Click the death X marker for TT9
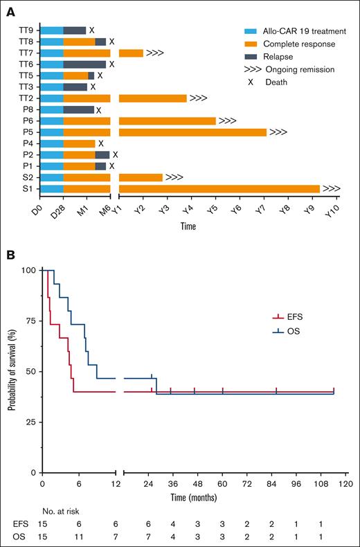[91, 30]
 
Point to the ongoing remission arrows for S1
[331, 188]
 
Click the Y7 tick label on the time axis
[261, 210]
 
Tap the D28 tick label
[63, 210]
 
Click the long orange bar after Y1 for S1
[219, 188]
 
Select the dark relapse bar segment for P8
[78, 109]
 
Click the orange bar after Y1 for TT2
[152, 98]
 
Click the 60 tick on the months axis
[223, 484]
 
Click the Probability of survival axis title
[12, 370]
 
